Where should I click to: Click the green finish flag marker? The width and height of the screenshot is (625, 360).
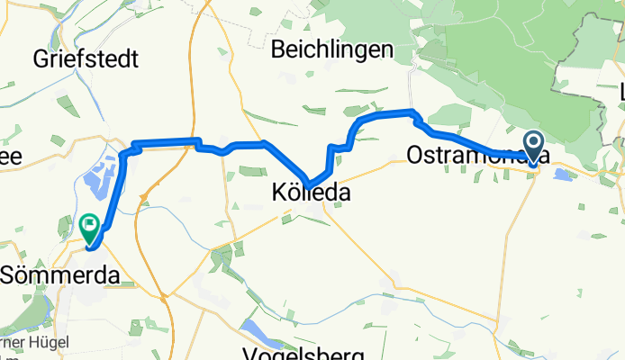[x=90, y=225]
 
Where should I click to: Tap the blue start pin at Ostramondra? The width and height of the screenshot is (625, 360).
[x=533, y=146]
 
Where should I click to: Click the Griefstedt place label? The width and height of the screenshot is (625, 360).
[x=86, y=60]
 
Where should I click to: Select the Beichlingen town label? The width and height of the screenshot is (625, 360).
[x=332, y=49]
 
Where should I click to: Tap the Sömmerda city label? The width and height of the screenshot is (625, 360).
[x=61, y=275]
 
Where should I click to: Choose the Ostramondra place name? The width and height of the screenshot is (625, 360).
[x=468, y=155]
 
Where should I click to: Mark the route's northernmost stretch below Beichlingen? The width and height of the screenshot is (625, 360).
[x=387, y=113]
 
